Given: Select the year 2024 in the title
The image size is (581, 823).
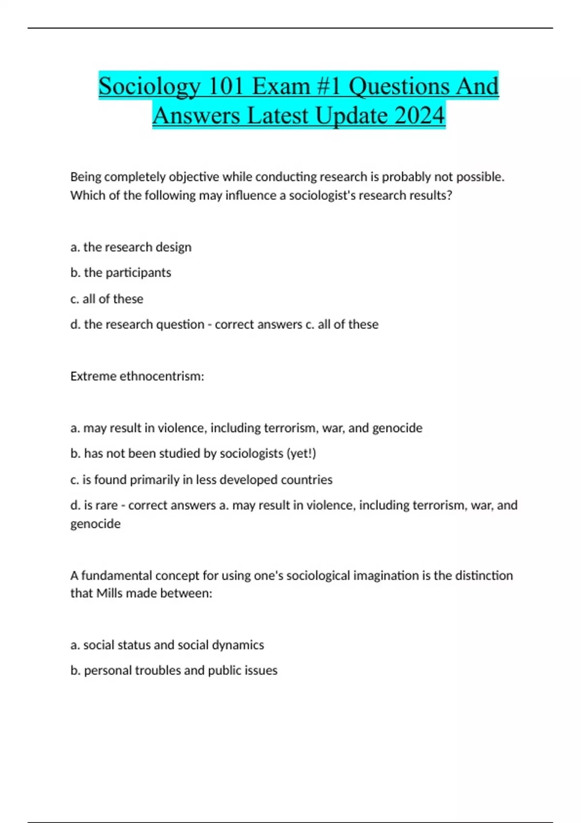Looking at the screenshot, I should [419, 116].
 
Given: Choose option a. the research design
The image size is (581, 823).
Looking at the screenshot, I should [131, 247].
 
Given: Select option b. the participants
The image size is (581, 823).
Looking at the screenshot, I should [121, 273].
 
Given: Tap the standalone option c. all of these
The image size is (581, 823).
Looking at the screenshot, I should [107, 299].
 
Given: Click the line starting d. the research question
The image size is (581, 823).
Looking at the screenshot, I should [138, 324].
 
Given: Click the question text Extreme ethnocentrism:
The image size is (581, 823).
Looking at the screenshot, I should [137, 376].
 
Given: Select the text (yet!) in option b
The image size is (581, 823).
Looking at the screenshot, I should [301, 454].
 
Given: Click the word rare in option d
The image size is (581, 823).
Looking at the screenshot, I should [107, 505].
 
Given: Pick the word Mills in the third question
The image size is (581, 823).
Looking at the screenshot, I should [109, 594].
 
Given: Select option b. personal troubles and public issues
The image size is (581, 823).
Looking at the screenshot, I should [174, 671].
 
